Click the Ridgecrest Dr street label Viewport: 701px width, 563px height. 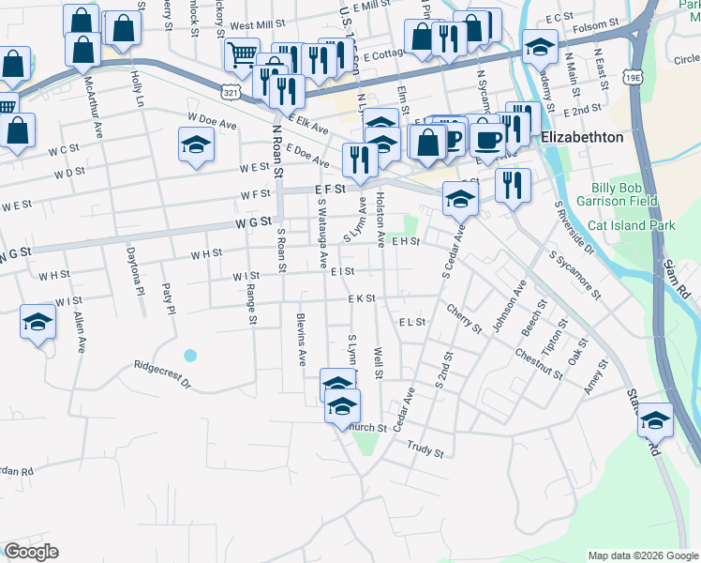(x=161, y=374)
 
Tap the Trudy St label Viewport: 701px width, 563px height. (x=425, y=450)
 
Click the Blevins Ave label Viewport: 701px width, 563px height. (x=302, y=340)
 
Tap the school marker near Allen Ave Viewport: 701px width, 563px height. (x=37, y=324)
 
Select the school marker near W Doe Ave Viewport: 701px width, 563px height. (x=196, y=145)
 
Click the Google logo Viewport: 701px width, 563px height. (x=31, y=552)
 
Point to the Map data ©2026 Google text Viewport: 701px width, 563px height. (x=642, y=555)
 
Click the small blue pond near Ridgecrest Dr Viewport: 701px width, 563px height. (x=190, y=356)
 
